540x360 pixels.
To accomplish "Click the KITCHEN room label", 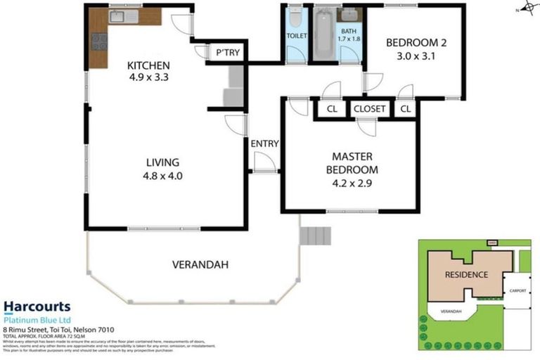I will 148,66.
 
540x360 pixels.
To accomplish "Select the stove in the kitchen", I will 99,43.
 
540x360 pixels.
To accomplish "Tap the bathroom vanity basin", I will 349,15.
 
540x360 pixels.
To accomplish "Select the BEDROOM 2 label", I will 416,43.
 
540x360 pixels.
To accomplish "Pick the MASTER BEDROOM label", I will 352,163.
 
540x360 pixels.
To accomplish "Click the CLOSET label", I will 369,109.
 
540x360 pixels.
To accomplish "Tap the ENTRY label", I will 264,144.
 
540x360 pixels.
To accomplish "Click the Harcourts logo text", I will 37,307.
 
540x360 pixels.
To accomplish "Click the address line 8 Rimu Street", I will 58,329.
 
